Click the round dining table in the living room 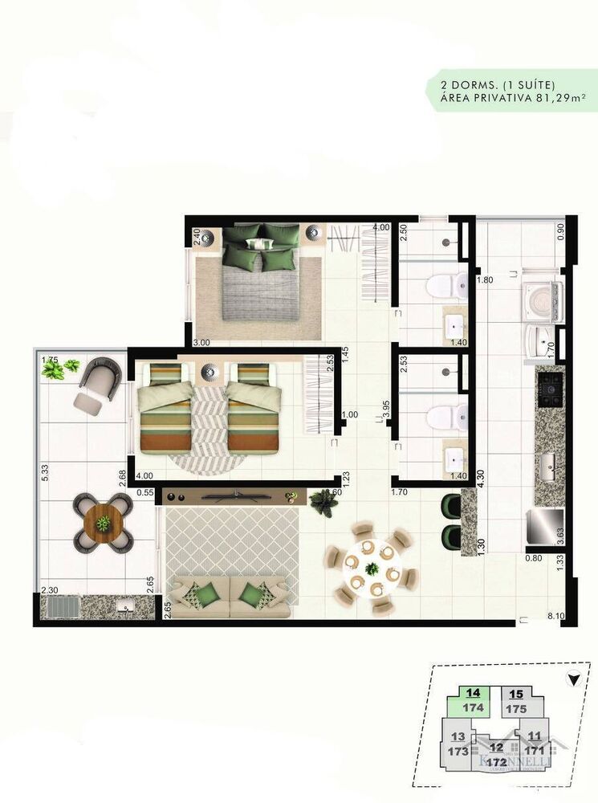click(x=372, y=568)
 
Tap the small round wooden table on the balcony click(x=103, y=523)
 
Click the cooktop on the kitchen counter click(x=551, y=391)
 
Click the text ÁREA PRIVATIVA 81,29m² click(x=511, y=98)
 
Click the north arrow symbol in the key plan click(x=572, y=680)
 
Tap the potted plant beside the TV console click(x=324, y=502)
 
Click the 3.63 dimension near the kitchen click(x=559, y=536)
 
